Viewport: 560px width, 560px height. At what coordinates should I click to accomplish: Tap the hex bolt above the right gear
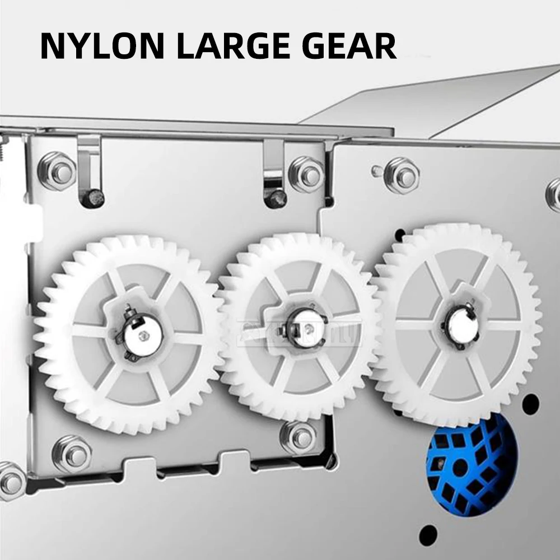[x=402, y=175]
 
